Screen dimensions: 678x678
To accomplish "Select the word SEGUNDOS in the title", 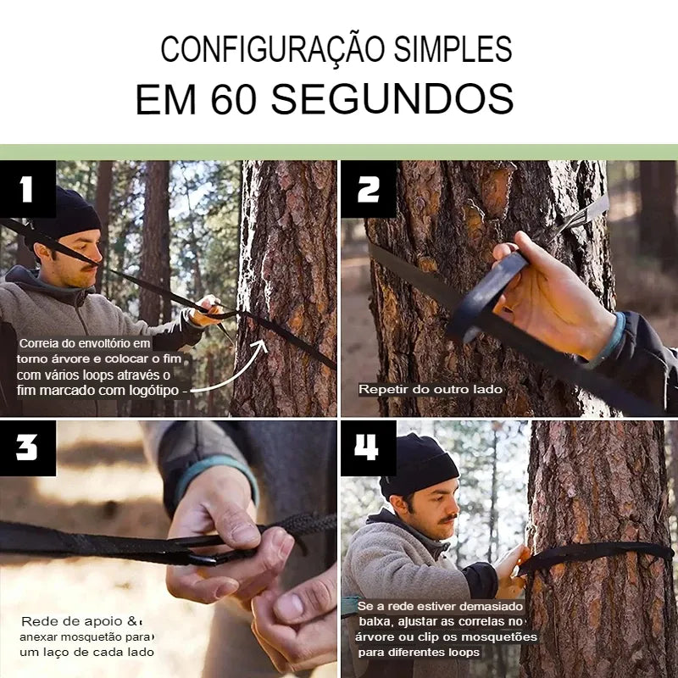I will (x=392, y=100).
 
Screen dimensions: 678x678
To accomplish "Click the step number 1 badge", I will (x=27, y=189).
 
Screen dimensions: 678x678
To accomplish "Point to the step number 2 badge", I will (x=369, y=189).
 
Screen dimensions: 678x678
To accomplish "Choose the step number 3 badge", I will (x=27, y=447).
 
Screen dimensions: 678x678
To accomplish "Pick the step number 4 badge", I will (x=369, y=447).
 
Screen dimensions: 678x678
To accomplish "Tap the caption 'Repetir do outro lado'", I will (x=431, y=390).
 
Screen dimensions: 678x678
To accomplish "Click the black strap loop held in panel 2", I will (x=487, y=292).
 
